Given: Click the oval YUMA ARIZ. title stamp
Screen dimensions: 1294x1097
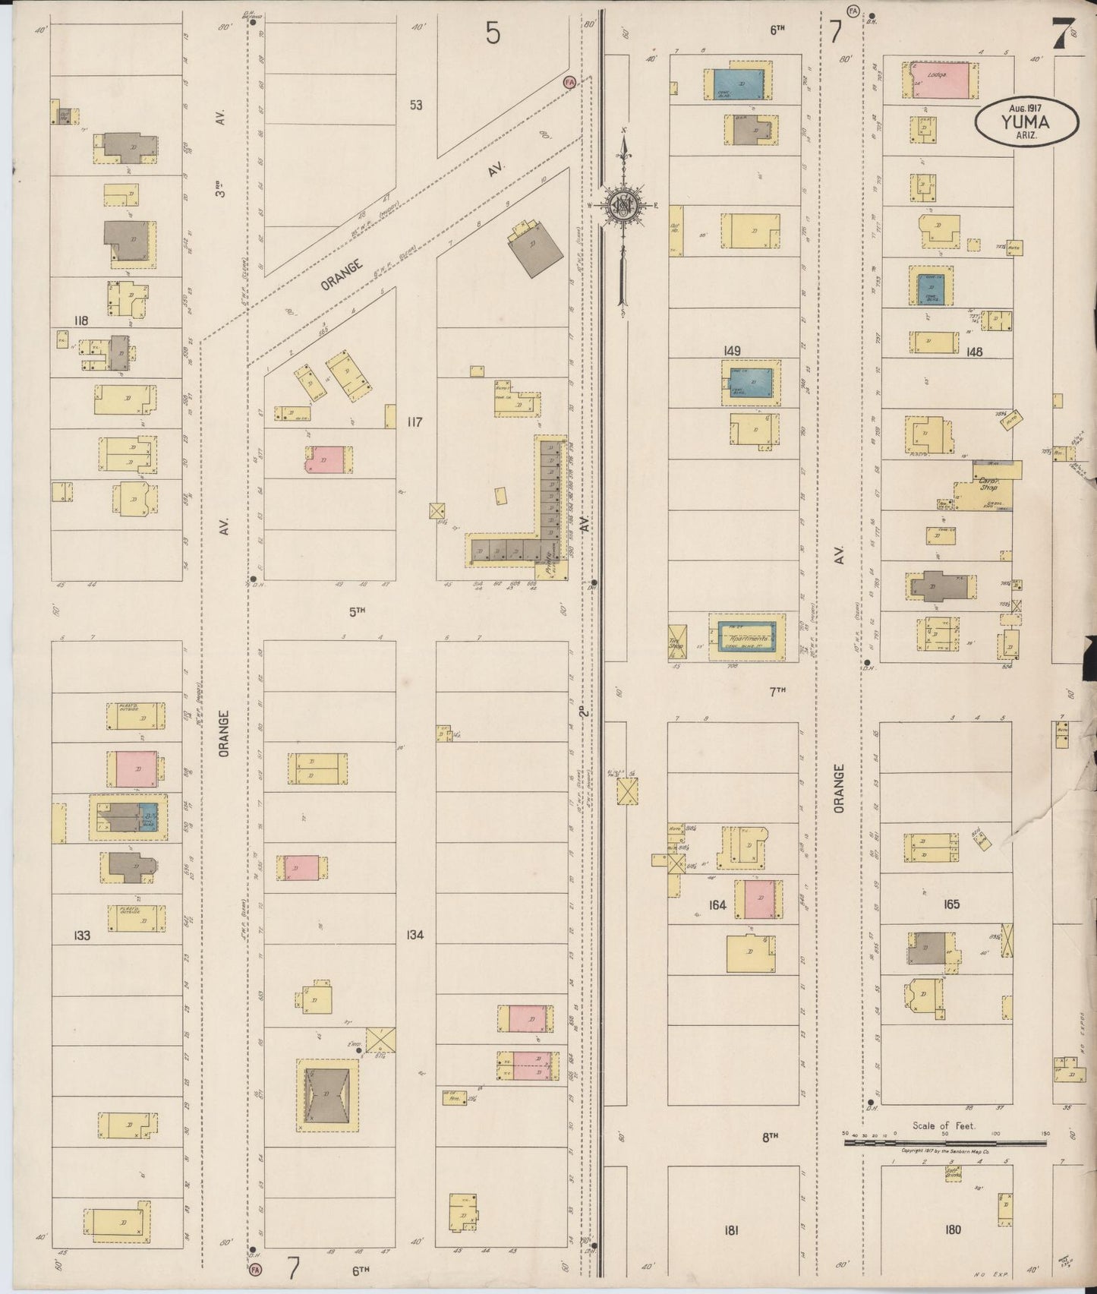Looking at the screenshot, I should coord(1027,122).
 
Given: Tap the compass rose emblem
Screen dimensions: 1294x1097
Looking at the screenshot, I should coord(623,205).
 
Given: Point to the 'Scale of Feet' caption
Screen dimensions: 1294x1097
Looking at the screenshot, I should coord(944,1126).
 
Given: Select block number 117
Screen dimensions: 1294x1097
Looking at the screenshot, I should coord(414,421).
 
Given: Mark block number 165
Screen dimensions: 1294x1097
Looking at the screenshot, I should coord(951,904).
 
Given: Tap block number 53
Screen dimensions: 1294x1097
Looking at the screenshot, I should coord(415,105).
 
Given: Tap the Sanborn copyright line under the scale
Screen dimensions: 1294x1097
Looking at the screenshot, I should coord(944,1152).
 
